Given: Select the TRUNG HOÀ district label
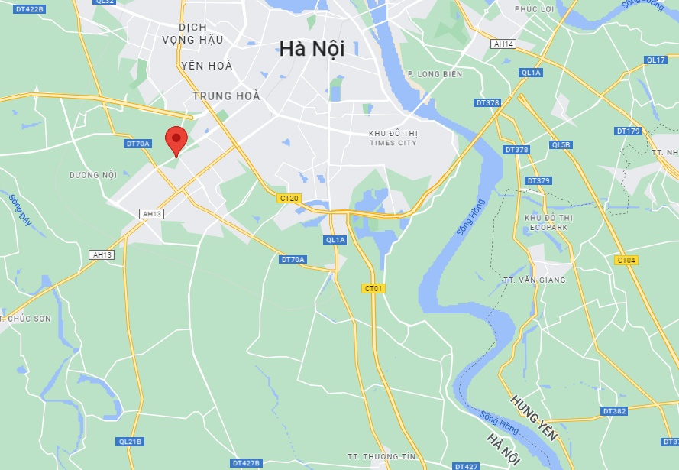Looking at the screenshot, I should coord(226,96).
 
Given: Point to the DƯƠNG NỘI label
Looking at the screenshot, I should coord(92,175).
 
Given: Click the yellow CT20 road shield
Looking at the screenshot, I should coord(289,198).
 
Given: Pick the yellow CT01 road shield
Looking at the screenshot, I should coord(373,288).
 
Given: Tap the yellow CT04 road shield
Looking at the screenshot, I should coord(626,260).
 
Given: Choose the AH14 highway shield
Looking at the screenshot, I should coord(504,44).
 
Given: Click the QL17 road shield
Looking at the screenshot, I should coord(655,60).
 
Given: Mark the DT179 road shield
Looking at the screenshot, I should coord(628,131).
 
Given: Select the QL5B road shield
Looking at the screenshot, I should coord(561,144).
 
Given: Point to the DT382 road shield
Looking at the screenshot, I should coord(614,411).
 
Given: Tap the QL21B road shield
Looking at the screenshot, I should coord(131,442).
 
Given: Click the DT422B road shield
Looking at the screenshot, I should coord(31,8).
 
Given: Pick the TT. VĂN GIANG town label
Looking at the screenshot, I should coord(535,280).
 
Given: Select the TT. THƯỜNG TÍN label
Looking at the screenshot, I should coord(381,456).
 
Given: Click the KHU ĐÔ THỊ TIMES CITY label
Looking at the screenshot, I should coord(393,138).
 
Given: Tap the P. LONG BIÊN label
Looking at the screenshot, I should coord(435,74).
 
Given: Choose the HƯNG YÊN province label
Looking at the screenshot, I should coord(534,417).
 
